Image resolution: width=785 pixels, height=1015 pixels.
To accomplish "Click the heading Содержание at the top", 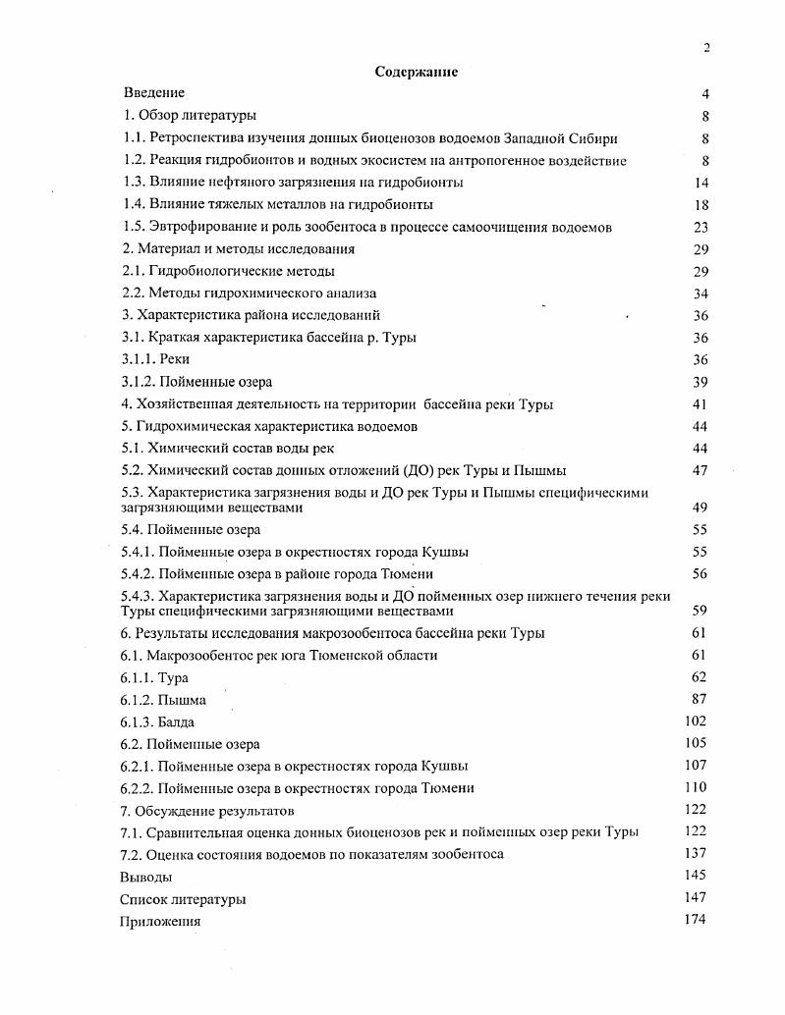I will (x=416, y=72).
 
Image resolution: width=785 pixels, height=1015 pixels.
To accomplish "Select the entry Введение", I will (x=154, y=93).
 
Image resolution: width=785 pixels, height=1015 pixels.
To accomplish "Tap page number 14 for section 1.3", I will (x=701, y=183).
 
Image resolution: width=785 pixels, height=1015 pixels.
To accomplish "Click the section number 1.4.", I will (x=133, y=204).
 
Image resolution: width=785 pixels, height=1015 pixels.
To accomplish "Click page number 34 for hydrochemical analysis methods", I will (x=701, y=294).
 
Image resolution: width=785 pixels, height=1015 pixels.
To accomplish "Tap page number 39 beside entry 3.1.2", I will (x=701, y=382).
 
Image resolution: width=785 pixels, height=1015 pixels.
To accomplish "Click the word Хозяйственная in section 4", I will (x=180, y=403).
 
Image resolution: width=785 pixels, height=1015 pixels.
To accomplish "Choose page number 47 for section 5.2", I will (x=701, y=470).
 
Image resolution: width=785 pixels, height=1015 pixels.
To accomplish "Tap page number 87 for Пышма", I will (x=699, y=699).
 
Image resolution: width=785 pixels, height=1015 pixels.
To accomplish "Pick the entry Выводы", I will (x=145, y=877).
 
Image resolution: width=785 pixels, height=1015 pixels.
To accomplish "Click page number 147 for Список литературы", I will (x=695, y=897).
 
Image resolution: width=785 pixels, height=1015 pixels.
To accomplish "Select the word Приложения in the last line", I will (x=160, y=921).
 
